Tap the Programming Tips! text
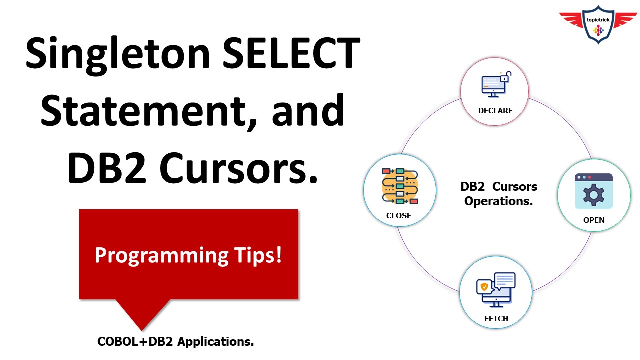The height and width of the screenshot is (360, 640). tap(188, 255)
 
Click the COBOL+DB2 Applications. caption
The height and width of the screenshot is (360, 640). tap(175, 342)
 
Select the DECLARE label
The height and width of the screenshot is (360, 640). tap(494, 110)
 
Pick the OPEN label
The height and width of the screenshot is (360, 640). tap(594, 220)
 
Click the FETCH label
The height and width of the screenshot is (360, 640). tap(496, 318)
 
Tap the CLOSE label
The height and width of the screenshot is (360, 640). tap(398, 216)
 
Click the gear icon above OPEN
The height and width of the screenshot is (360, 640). tap(594, 195)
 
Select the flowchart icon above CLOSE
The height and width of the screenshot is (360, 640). tap(400, 186)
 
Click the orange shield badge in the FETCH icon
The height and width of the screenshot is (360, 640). tap(484, 287)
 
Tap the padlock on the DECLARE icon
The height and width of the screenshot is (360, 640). tap(505, 77)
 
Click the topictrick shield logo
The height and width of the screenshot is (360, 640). tap(598, 25)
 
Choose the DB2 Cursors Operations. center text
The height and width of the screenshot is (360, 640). tap(498, 194)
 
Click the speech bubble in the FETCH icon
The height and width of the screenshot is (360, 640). tap(504, 280)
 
